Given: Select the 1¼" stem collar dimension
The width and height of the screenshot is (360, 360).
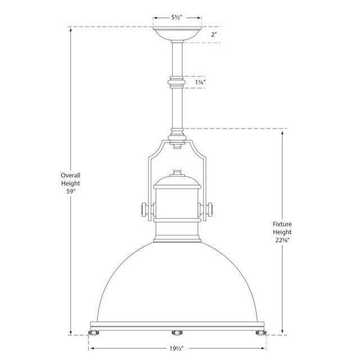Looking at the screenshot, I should click(x=200, y=82).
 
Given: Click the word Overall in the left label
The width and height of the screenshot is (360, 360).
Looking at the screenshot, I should click(x=71, y=175).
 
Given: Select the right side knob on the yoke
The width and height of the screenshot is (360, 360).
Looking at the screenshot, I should click(x=212, y=210).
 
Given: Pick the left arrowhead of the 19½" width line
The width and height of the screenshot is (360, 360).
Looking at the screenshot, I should click(x=90, y=348).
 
